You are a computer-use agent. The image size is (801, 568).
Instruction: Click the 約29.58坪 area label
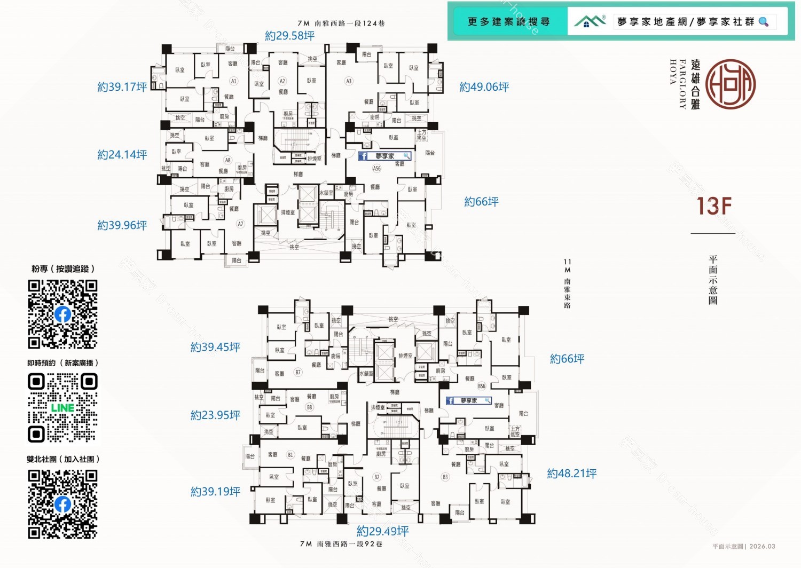click(289, 36)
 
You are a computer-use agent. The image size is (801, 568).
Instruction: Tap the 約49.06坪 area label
click(484, 87)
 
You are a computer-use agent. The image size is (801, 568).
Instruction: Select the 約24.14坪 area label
click(122, 155)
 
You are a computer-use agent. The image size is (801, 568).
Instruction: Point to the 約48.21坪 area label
click(571, 474)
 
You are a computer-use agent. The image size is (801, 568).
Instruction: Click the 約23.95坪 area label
click(215, 415)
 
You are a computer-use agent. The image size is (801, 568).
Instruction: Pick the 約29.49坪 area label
click(382, 531)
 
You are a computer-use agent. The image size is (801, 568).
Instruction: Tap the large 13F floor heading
click(713, 207)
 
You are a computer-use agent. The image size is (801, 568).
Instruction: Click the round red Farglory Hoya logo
click(730, 84)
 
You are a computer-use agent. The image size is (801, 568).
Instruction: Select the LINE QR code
click(62, 408)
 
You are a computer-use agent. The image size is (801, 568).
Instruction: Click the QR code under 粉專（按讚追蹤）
click(62, 314)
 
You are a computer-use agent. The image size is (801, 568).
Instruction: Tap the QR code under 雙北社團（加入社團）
click(62, 504)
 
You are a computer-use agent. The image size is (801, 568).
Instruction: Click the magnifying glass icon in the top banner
click(764, 22)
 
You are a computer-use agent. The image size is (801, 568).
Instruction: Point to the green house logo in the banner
click(588, 21)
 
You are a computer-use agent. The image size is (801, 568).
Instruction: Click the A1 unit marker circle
click(233, 81)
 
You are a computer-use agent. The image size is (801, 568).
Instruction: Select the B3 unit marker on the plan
click(445, 477)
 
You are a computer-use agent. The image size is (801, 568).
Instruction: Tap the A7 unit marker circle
click(240, 224)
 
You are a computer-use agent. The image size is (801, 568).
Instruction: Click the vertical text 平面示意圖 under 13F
click(713, 280)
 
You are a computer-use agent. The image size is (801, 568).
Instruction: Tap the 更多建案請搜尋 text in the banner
click(508, 22)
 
